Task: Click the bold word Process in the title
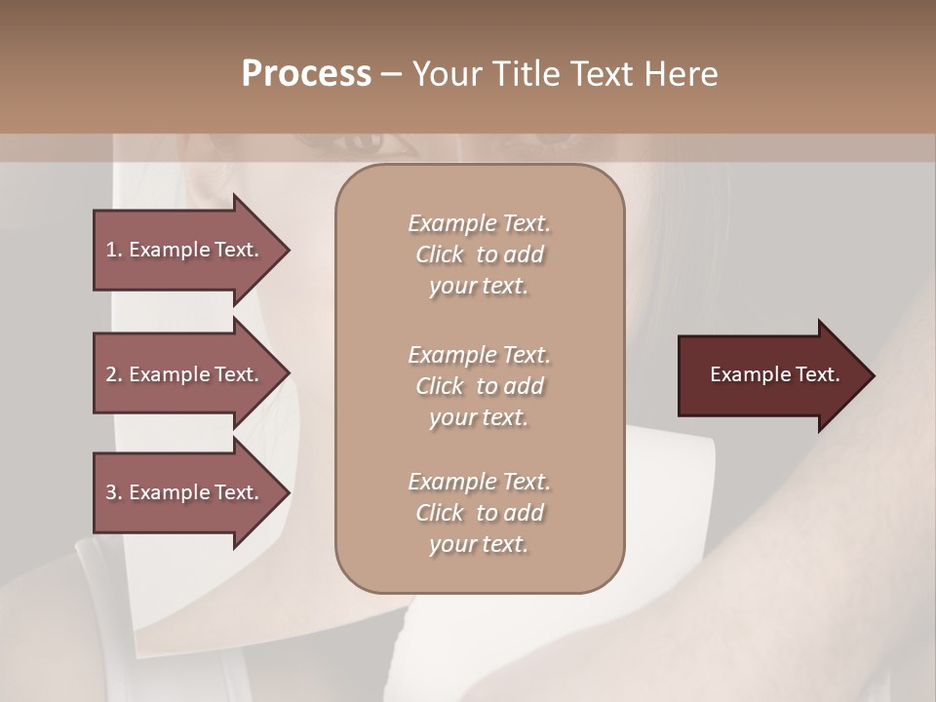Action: coord(306,74)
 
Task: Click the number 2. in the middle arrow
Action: coord(114,374)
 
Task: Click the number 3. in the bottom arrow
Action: coord(114,492)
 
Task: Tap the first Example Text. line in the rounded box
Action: coord(479,223)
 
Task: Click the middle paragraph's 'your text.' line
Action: coord(479,417)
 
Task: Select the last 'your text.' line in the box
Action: coord(479,545)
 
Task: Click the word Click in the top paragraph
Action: coord(440,254)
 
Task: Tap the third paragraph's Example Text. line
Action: coord(479,482)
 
